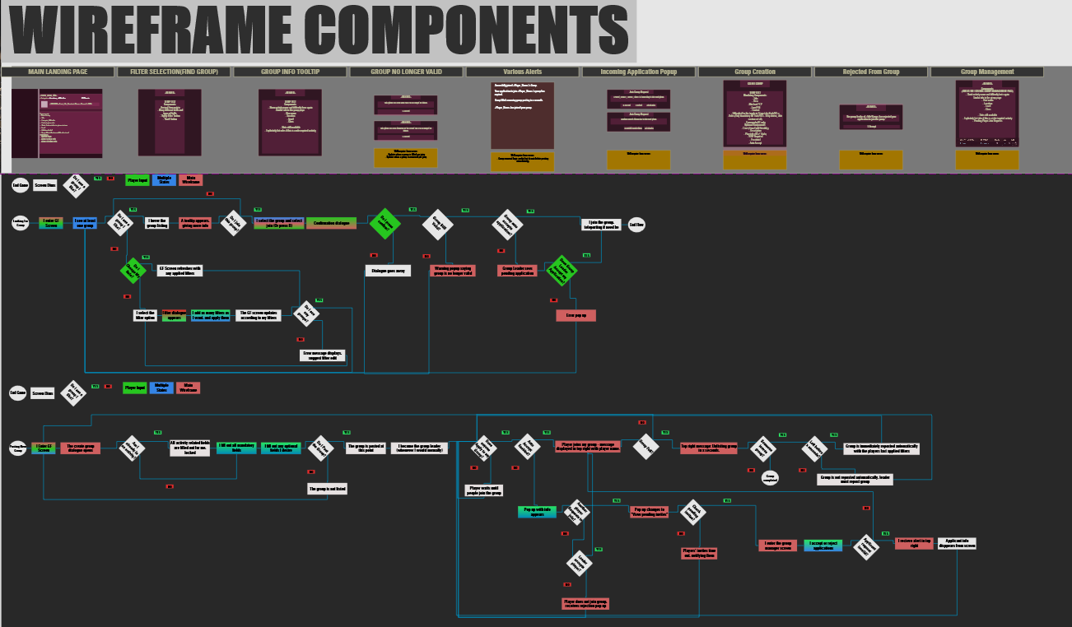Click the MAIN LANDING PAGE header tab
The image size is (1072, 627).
[x=58, y=72]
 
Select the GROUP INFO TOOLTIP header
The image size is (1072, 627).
[x=290, y=72]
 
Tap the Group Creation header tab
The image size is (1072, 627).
[x=754, y=72]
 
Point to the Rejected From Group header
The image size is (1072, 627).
[x=870, y=72]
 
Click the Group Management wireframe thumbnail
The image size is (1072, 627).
[x=986, y=114]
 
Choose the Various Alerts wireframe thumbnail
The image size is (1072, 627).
[x=522, y=115]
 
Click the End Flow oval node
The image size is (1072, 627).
[x=636, y=224]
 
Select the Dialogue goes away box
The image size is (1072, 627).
[x=388, y=270]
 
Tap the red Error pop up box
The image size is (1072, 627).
[x=576, y=315]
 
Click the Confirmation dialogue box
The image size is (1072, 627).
[x=332, y=223]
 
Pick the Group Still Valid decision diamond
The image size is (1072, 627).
[x=437, y=224]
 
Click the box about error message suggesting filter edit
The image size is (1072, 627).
[x=322, y=355]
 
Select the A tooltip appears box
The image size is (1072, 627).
[x=195, y=223]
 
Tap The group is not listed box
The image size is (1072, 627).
[x=327, y=489]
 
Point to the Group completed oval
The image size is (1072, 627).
[x=770, y=476]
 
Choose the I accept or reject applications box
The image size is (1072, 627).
[x=823, y=545]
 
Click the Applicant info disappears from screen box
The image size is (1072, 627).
[x=957, y=543]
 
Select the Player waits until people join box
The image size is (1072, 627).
[x=485, y=490]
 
